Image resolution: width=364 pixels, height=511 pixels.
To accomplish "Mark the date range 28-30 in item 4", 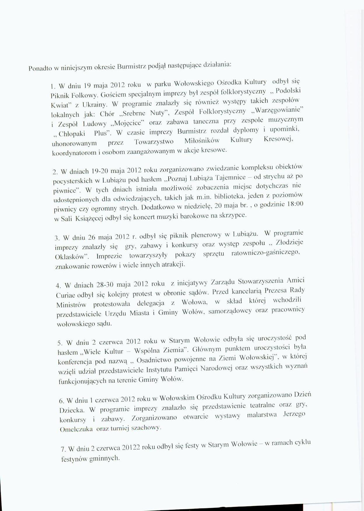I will click(x=105, y=284).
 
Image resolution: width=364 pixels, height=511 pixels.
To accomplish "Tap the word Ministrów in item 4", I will click(x=71, y=305).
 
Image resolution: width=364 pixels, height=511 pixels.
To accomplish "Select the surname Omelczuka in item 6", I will click(x=76, y=429).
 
